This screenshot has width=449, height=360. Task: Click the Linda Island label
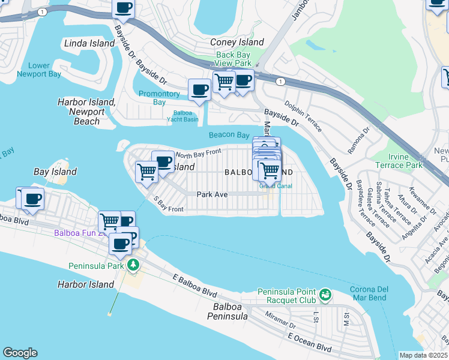tap(89, 43)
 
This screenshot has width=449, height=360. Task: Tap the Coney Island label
tap(237, 42)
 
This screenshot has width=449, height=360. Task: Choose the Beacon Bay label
tap(229, 135)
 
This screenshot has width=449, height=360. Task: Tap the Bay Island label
tap(55, 172)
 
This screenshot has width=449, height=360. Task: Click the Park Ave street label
tap(212, 194)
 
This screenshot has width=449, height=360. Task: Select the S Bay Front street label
tap(168, 205)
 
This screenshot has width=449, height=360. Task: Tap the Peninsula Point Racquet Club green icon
tap(325, 294)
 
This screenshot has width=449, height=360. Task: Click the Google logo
tap(20, 353)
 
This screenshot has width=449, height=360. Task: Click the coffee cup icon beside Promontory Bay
tap(199, 89)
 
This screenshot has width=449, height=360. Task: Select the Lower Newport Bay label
tap(39, 70)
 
